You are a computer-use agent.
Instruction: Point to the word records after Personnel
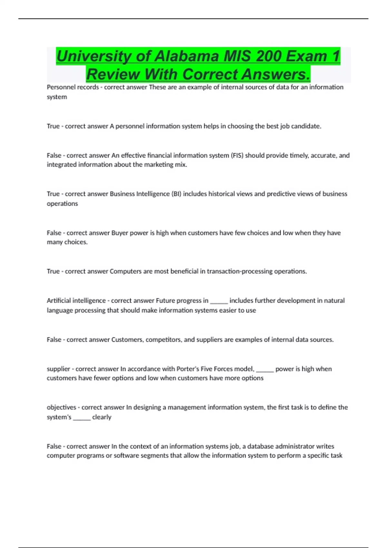(x=88, y=87)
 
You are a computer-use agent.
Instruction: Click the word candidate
(x=306, y=126)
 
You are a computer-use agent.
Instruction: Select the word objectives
(x=61, y=407)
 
